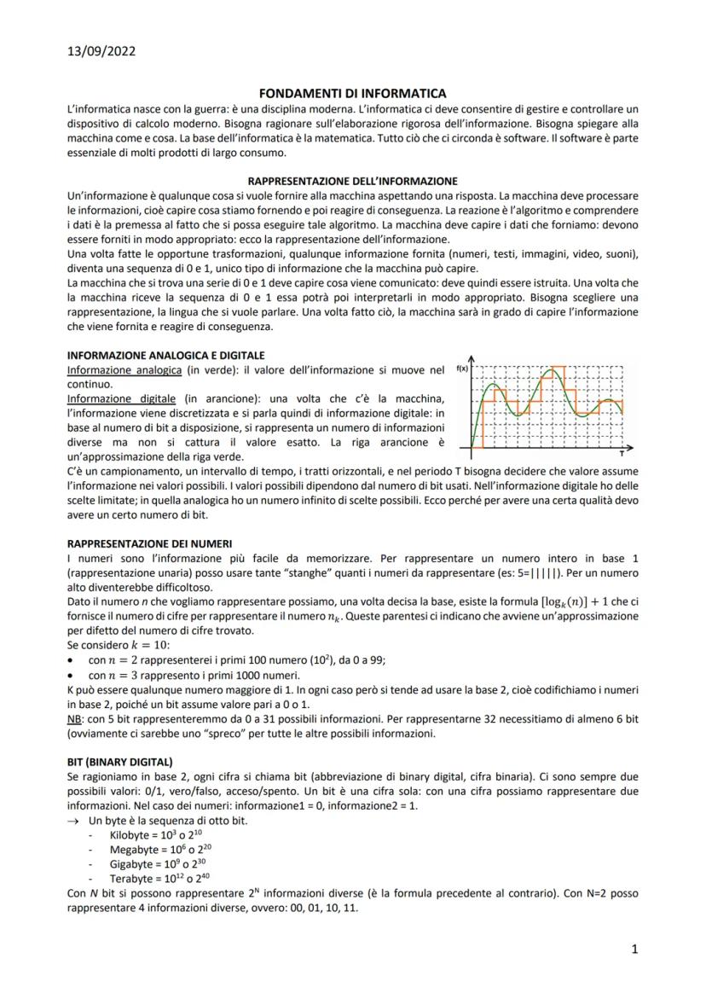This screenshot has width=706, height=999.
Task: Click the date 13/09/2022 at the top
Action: (101, 51)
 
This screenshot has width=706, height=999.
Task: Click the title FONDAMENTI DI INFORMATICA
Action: (352, 93)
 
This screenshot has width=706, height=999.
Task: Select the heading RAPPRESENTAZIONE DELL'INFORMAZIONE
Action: (352, 181)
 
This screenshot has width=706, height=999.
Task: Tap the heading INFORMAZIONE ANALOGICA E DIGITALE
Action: (165, 355)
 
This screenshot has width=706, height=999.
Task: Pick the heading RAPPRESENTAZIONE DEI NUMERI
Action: (149, 543)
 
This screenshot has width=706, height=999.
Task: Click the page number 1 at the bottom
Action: (634, 949)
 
